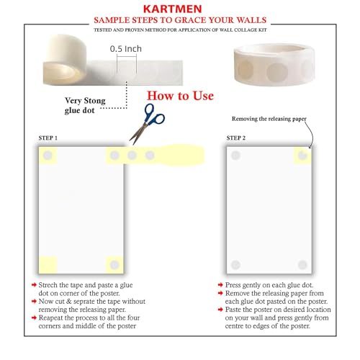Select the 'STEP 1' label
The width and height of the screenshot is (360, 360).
tap(48, 137)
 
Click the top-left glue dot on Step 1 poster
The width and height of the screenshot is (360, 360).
tap(48, 156)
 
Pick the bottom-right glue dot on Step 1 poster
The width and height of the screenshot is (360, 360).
tap(114, 265)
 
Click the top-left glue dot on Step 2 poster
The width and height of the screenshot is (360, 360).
tap(235, 155)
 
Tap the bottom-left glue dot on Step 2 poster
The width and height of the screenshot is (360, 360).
tap(235, 265)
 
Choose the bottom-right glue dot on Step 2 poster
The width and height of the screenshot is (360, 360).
tap(302, 265)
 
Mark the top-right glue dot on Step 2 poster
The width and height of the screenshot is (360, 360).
tap(302, 155)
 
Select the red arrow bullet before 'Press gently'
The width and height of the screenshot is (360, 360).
tap(219, 286)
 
